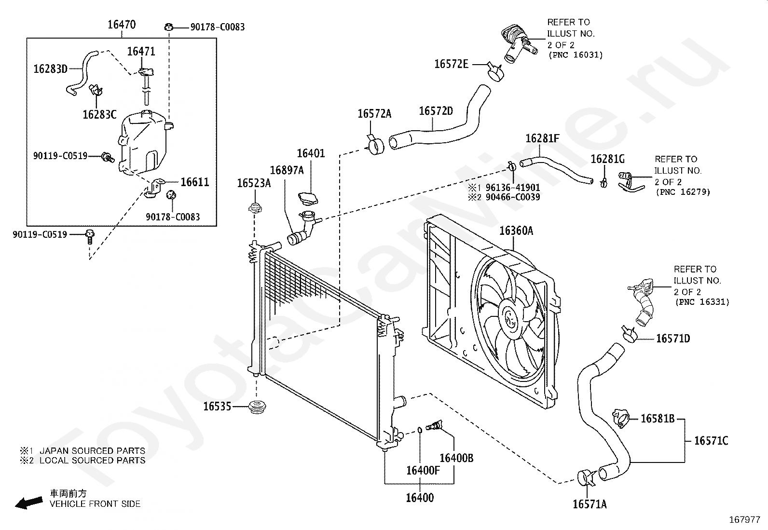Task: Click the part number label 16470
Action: [x=122, y=25]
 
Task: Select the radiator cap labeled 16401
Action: [x=308, y=198]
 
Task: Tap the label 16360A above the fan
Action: [x=516, y=231]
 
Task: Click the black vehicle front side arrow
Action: [x=29, y=503]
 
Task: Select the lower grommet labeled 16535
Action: [x=257, y=407]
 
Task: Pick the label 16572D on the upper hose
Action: [x=436, y=111]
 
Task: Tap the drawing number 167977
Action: [x=745, y=520]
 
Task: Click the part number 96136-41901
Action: [x=513, y=188]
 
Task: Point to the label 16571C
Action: [x=711, y=441]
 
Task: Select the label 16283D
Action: [x=50, y=69]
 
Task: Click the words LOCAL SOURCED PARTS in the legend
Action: [x=93, y=461]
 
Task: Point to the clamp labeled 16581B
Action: [x=621, y=418]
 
